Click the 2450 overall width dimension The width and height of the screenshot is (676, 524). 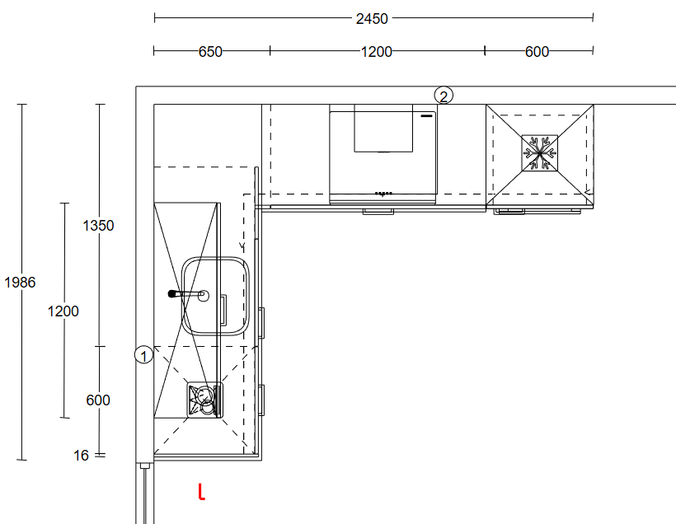372,19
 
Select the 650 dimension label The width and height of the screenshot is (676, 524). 210,52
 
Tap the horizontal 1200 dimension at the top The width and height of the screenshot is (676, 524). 377,52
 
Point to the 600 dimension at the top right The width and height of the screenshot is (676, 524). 537,52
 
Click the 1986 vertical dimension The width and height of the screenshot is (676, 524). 20,283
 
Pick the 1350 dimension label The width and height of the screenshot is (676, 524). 98,226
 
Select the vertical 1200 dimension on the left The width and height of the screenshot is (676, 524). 63,311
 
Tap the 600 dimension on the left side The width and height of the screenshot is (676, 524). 98,400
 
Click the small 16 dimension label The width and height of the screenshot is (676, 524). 81,456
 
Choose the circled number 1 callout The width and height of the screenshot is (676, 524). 143,355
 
